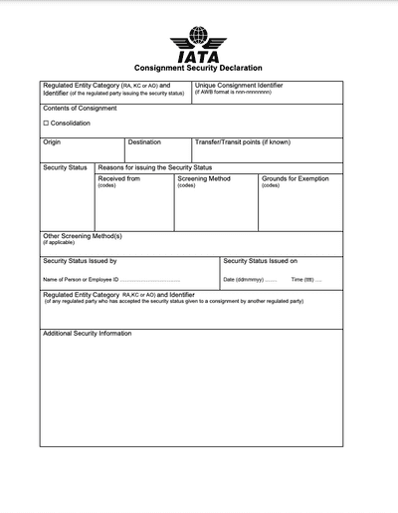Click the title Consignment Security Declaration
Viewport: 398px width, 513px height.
click(199, 68)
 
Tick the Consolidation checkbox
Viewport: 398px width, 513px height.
click(46, 123)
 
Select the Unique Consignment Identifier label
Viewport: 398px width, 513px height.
click(253, 86)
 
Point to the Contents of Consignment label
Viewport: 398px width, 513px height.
click(79, 108)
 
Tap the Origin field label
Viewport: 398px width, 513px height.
click(52, 142)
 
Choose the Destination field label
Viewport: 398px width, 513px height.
click(144, 142)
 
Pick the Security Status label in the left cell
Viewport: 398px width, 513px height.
click(66, 167)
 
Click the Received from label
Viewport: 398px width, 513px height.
click(118, 178)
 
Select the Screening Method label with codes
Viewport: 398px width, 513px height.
click(203, 178)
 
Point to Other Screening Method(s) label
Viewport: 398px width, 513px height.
click(82, 236)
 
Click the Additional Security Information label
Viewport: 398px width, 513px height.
click(87, 334)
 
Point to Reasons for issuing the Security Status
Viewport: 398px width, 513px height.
click(155, 167)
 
